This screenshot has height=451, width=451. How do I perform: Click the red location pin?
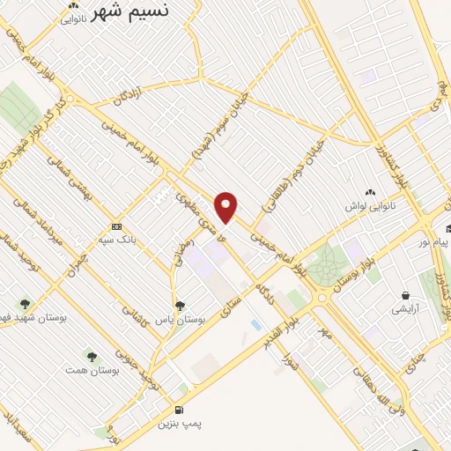click(227, 207)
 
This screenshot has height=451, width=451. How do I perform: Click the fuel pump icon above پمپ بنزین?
click(181, 410)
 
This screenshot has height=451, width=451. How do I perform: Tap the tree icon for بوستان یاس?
click(181, 306)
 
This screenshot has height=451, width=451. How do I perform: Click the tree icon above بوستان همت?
click(92, 356)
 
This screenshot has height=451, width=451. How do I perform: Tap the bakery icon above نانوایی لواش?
click(369, 191)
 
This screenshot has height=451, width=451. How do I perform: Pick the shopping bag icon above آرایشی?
click(405, 295)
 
